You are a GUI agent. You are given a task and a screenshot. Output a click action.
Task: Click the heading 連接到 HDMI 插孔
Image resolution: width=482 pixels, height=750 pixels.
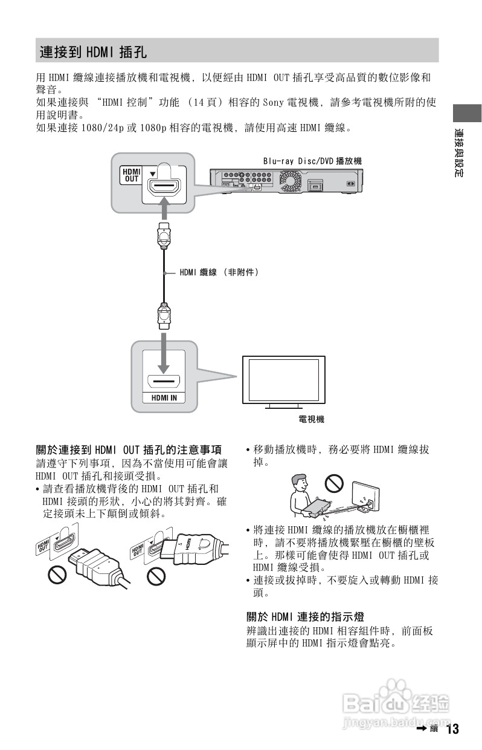pyautogui.click(x=93, y=51)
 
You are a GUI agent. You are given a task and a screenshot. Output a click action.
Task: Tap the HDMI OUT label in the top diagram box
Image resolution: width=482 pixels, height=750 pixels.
pyautogui.click(x=132, y=175)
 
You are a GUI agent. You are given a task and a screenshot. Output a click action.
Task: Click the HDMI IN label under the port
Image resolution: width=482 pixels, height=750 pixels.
pyautogui.click(x=164, y=397)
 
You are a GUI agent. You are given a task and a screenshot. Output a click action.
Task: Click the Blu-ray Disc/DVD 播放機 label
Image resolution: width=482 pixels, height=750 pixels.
pyautogui.click(x=312, y=161)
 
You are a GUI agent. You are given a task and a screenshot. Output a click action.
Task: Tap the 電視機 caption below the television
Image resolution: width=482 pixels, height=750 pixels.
pyautogui.click(x=311, y=419)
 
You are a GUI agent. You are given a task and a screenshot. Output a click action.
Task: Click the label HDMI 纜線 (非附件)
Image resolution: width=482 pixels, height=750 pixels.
pyautogui.click(x=219, y=273)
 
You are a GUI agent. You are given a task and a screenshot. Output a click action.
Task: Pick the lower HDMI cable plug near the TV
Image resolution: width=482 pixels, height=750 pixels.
pyautogui.click(x=164, y=314)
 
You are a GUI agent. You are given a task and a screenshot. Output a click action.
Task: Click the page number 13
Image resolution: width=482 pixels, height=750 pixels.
pyautogui.click(x=452, y=729)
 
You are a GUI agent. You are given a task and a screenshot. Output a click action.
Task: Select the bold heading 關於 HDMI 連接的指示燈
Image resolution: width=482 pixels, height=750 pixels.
pyautogui.click(x=305, y=617)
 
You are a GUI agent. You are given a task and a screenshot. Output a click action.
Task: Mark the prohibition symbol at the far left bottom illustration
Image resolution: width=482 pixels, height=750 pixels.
pyautogui.click(x=57, y=576)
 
